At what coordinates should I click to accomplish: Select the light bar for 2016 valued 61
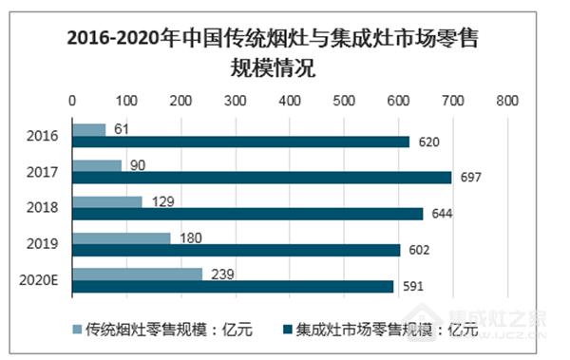click(88, 129)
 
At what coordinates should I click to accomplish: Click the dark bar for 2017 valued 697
click(261, 178)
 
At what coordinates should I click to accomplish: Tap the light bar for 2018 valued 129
click(106, 201)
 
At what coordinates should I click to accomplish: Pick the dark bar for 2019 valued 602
click(236, 250)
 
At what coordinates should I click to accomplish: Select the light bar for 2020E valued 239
click(137, 274)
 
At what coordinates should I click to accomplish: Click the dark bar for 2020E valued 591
click(233, 286)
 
